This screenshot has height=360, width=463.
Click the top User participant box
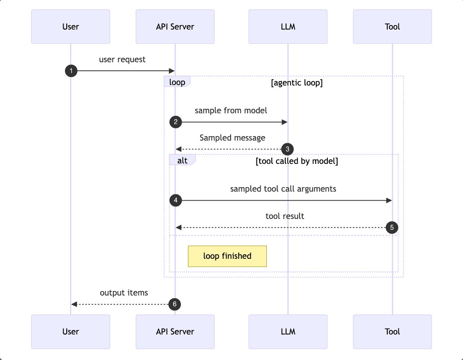pos(70,26)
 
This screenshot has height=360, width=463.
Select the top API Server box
pos(175,26)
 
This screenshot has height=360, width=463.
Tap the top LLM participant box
pos(288,26)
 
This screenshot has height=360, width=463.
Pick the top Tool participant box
pos(392,26)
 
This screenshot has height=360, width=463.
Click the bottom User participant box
pos(70,331)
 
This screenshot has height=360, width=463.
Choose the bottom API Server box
pos(175,331)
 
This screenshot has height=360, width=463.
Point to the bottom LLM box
pos(288,331)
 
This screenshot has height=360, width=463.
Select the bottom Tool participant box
pos(392,331)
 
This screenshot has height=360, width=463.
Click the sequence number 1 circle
pos(71,71)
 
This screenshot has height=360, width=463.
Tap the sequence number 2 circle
pos(176,122)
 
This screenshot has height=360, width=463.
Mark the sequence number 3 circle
pos(287,149)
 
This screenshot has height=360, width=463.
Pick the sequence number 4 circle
pos(176,201)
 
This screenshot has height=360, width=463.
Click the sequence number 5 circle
pos(392,227)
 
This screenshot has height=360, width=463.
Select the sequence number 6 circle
pos(175,304)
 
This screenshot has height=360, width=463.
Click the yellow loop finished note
pos(227,256)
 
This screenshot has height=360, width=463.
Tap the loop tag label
pos(177,82)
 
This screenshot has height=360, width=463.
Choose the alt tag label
pos(182,160)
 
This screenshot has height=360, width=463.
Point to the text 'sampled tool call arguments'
pos(283,189)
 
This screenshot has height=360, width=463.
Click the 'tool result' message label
pos(285,216)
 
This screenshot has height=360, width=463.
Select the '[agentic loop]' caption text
pos(297,83)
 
